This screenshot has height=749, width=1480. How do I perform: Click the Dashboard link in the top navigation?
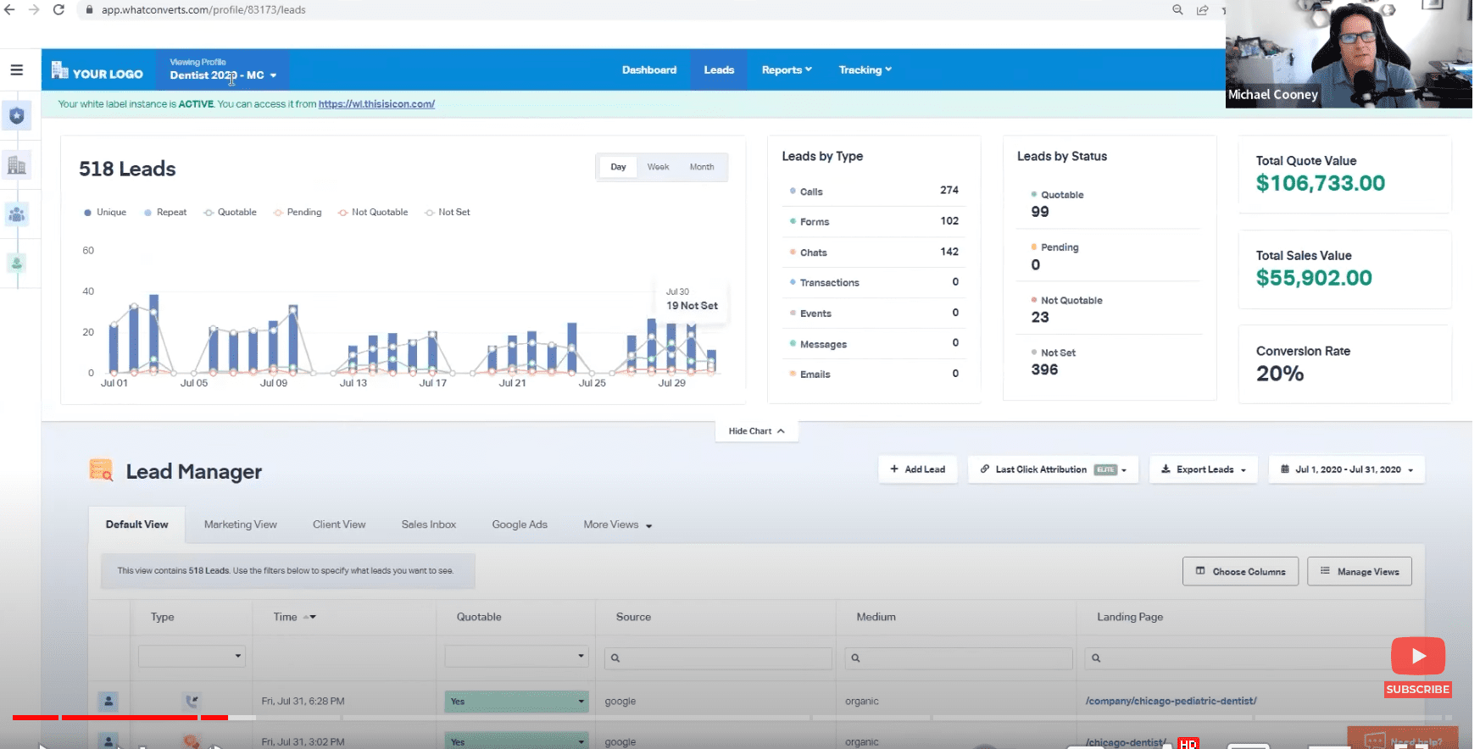648,70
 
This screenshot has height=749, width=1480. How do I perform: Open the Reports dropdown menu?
786,70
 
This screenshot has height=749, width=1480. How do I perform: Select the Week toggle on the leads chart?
658,167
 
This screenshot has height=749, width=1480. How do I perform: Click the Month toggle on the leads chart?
701,167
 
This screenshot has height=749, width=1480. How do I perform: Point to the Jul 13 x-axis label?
353,383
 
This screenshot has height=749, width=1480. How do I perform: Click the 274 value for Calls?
949,191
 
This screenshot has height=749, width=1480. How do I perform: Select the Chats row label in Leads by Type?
813,252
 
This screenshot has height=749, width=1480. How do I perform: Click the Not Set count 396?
1044,370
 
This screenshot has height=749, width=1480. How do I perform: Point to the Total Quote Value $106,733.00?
1320,184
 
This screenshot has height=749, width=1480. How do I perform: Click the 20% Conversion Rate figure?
1279,374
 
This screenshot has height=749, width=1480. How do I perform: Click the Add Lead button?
917,469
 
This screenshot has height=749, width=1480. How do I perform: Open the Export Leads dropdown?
1203,469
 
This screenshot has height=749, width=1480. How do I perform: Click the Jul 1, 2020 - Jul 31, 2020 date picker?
1346,469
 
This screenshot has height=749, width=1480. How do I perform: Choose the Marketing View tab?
240,524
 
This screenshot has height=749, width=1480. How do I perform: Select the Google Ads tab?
519,524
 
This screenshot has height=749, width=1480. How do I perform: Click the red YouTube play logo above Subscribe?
1417,656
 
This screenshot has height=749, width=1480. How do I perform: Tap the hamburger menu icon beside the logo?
16,70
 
